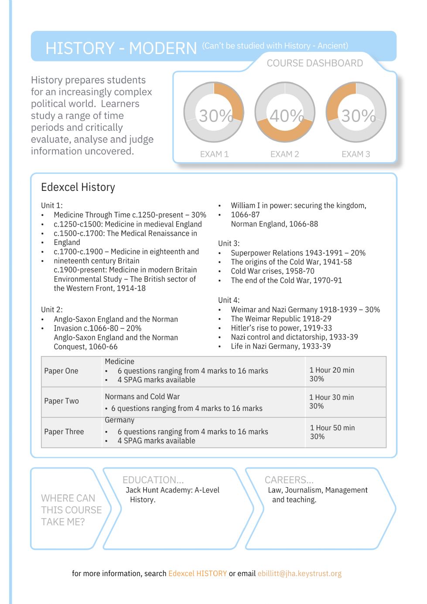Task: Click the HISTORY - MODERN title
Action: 121,48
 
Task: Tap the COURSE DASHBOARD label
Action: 314,63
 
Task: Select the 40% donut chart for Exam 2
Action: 285,112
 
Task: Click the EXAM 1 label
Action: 214,154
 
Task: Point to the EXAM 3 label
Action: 355,154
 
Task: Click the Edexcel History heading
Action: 78,187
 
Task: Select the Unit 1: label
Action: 52,205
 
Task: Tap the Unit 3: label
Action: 229,243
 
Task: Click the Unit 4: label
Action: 229,300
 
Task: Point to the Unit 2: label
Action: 52,309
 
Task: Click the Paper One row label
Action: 61,371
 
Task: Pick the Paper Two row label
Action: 61,401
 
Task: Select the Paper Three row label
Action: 64,431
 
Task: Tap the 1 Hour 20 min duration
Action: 332,370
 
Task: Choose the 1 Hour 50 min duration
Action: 332,428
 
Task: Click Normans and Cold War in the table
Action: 142,397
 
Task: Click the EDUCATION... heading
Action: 153,480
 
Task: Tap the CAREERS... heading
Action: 289,480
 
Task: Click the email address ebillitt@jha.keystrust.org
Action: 300,573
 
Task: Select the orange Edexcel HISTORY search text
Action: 198,573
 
